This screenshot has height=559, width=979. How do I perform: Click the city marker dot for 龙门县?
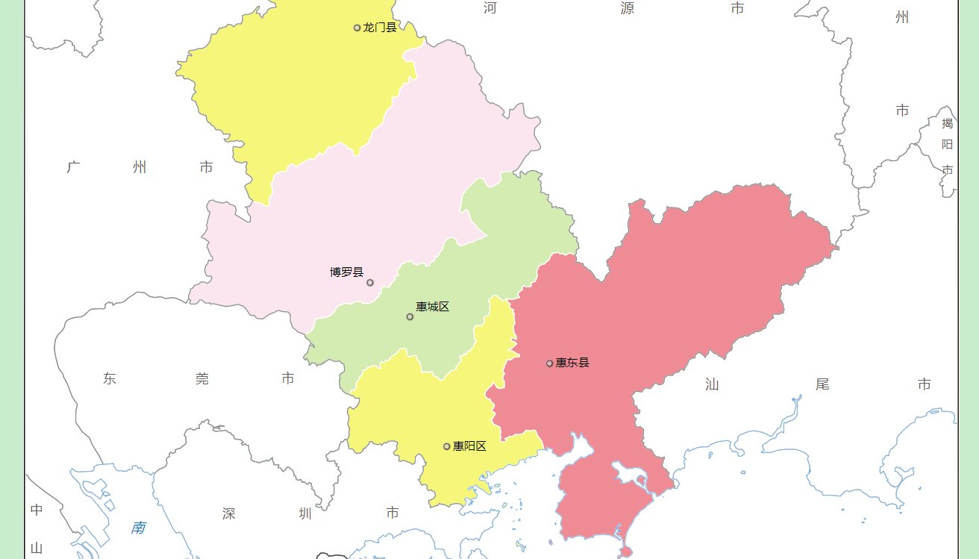[x=357, y=28]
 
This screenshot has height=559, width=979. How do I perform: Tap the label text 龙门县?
[x=380, y=28]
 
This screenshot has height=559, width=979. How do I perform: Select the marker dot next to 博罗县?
[x=370, y=282]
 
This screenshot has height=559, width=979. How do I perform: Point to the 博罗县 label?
[x=347, y=272]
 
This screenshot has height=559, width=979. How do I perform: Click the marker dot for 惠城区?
[x=410, y=316]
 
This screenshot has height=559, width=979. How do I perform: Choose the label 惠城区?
[x=433, y=307]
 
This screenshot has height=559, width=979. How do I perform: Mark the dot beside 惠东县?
[x=549, y=363]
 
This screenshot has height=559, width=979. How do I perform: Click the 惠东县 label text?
[x=572, y=363]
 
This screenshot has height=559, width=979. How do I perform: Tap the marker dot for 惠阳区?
[x=447, y=446]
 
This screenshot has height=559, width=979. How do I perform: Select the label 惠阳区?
[x=469, y=446]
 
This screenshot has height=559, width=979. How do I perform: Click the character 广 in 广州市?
[x=73, y=167]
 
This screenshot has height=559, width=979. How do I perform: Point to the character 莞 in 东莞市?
[x=202, y=379]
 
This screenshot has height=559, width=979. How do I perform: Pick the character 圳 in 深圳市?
[x=305, y=513]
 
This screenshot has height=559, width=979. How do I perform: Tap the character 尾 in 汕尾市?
[x=822, y=384]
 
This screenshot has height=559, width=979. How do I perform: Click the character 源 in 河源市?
[x=628, y=8]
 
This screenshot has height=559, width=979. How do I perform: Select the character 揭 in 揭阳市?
[x=947, y=123]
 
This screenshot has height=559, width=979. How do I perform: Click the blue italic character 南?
[x=138, y=528]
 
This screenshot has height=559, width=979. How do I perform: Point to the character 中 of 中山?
[x=37, y=510]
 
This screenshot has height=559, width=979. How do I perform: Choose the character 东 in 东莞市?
[x=110, y=379]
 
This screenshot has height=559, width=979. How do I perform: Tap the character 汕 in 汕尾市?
[x=713, y=384]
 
